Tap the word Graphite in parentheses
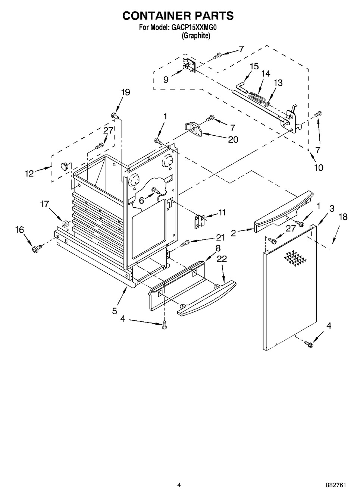pyautogui.click(x=196, y=36)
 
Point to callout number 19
pyautogui.click(x=125, y=92)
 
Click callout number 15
pyautogui.click(x=254, y=66)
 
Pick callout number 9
pyautogui.click(x=166, y=79)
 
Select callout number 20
pyautogui.click(x=233, y=139)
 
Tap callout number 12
pyautogui.click(x=29, y=173)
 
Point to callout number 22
pyautogui.click(x=222, y=259)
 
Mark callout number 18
pyautogui.click(x=343, y=217)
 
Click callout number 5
pyautogui.click(x=115, y=311)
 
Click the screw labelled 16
pyautogui.click(x=37, y=249)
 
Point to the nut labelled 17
pyautogui.click(x=65, y=224)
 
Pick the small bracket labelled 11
pyautogui.click(x=200, y=221)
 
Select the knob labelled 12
pyautogui.click(x=65, y=165)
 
